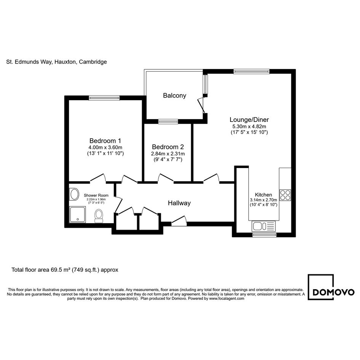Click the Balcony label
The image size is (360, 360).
(174, 96)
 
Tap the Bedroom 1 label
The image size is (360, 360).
(105, 141)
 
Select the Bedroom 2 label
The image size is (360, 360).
(168, 147)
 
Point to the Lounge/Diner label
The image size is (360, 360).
(249, 120)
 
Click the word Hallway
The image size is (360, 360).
(179, 203)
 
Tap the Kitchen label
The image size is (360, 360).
(263, 195)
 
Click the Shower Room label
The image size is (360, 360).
(96, 195)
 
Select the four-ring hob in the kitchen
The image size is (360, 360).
(285, 195)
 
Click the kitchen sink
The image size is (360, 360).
(263, 226)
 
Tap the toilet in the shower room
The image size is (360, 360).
(99, 216)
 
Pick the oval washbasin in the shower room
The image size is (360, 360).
(74, 194)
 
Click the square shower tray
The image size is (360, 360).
(78, 214)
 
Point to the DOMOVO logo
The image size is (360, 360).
(331, 287)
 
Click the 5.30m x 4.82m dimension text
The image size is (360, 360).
(249, 126)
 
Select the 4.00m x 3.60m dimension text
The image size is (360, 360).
(105, 147)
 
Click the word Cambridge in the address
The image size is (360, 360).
(93, 62)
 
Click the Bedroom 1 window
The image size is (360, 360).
(104, 98)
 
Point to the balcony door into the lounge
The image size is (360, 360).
(201, 106)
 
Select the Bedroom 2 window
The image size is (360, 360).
(168, 122)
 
